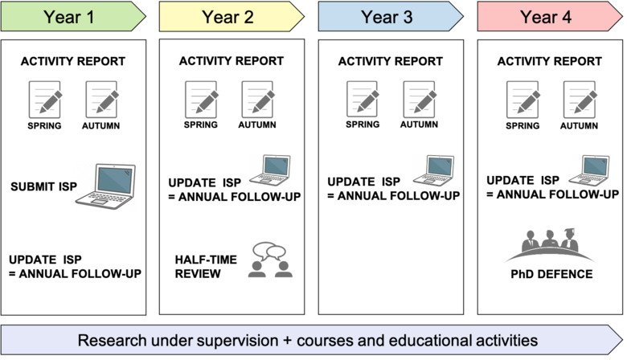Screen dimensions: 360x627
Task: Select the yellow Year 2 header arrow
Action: (x=232, y=15)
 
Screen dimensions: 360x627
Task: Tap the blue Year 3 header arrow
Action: (x=391, y=15)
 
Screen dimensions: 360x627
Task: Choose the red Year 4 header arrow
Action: (x=549, y=15)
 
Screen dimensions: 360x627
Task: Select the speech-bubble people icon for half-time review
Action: (x=271, y=260)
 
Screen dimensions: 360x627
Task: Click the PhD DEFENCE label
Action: (x=551, y=275)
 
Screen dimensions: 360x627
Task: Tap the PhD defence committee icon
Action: (x=551, y=244)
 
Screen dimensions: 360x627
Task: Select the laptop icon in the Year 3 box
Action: (x=433, y=170)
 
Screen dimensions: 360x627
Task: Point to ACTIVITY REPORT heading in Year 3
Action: (x=390, y=61)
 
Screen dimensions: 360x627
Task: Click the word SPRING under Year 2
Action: (x=201, y=125)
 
